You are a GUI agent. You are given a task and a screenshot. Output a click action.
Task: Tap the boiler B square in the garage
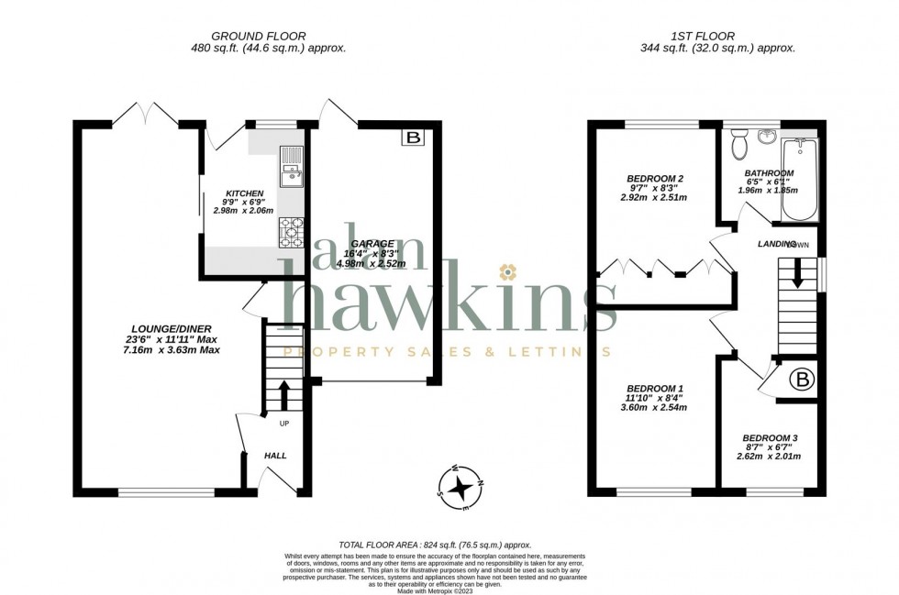(414, 138)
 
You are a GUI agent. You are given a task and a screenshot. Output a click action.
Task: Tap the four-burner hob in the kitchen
(291, 232)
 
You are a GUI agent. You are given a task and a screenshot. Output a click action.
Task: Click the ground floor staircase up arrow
(283, 391)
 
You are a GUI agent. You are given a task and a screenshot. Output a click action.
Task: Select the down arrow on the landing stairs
(797, 273)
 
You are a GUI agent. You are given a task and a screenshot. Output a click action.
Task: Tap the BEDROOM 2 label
(655, 178)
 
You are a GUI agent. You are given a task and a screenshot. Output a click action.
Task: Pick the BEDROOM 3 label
(770, 437)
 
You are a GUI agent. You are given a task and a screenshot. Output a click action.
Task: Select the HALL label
(275, 455)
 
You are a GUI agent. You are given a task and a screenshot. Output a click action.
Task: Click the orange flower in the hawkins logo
(506, 270)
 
